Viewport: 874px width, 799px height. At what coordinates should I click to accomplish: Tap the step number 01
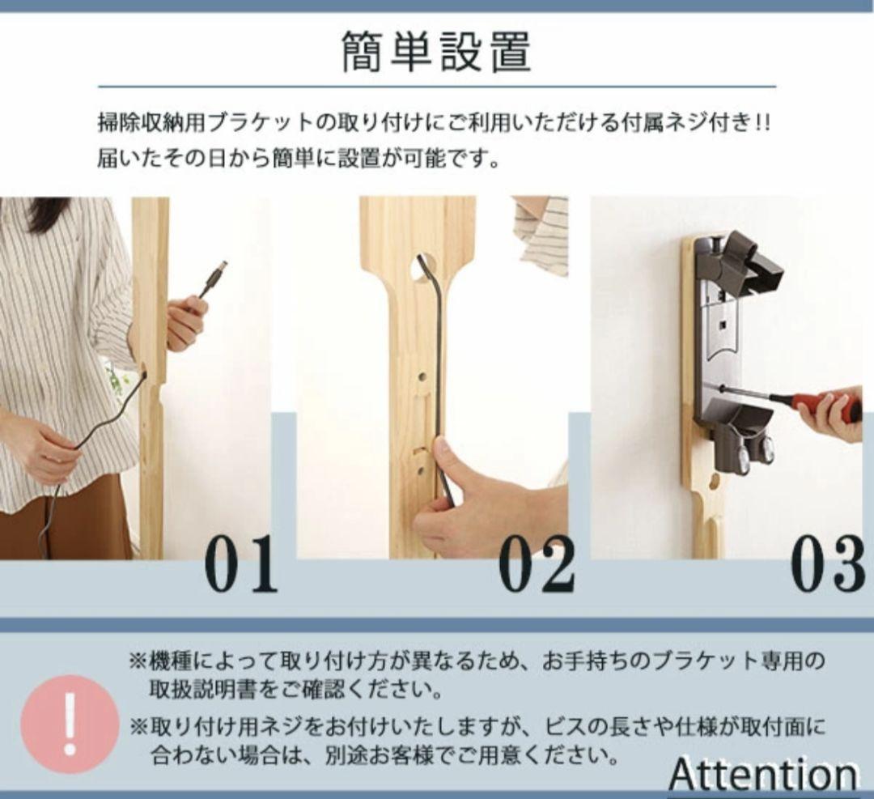(240, 563)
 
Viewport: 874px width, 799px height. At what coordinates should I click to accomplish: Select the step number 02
(536, 563)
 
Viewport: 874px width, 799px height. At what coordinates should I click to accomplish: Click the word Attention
(762, 774)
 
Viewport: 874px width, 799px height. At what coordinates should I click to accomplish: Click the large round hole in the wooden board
(422, 266)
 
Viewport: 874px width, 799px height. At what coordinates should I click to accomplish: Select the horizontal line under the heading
(436, 86)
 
